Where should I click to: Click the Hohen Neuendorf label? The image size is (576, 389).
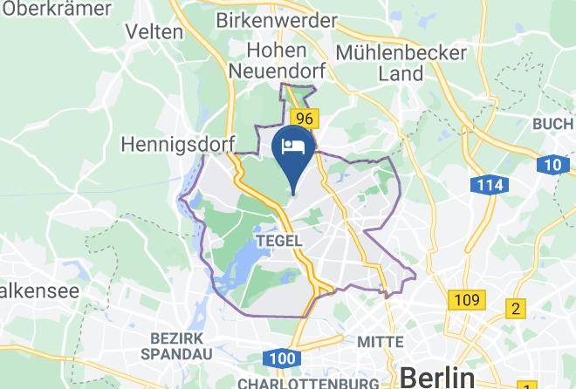pyautogui.click(x=277, y=61)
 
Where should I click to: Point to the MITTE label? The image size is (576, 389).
pyautogui.click(x=381, y=341)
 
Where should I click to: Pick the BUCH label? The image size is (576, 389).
pyautogui.click(x=553, y=125)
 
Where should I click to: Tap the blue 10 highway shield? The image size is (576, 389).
pyautogui.click(x=552, y=163)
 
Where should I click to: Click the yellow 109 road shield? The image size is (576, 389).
pyautogui.click(x=466, y=301)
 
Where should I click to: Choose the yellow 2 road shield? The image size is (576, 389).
pyautogui.click(x=517, y=308)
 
